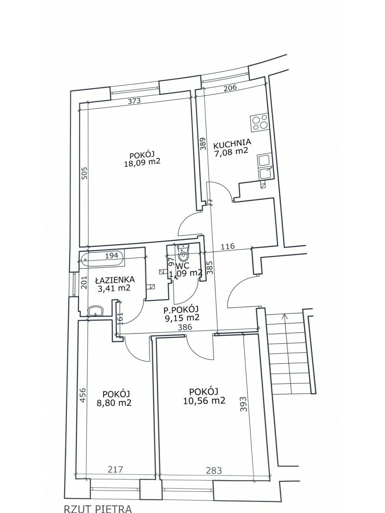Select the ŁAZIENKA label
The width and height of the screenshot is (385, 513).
[x=115, y=279]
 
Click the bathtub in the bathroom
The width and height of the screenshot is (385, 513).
[x=102, y=259]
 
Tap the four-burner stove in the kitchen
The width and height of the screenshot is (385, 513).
[x=260, y=123]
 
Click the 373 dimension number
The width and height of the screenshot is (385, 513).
[x=135, y=101]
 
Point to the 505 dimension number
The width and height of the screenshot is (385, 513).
[x=85, y=173]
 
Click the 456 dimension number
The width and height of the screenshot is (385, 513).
[x=84, y=395]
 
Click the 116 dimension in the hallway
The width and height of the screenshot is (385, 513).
[x=228, y=246]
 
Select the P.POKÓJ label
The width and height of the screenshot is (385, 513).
[x=181, y=310]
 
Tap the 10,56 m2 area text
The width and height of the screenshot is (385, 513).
[x=204, y=401]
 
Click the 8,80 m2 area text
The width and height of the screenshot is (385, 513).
[x=114, y=403]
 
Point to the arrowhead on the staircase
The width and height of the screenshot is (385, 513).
[x=284, y=316]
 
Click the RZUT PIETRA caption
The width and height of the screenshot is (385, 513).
[x=98, y=508]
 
